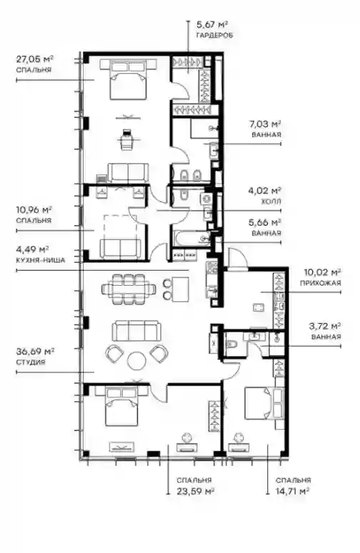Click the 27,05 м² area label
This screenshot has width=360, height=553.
(x=34, y=59)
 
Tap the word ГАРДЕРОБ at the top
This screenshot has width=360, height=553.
(x=215, y=35)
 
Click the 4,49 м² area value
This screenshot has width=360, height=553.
(x=32, y=249)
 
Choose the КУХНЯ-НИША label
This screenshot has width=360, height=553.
(x=41, y=261)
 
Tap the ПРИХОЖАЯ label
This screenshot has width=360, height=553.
(x=320, y=283)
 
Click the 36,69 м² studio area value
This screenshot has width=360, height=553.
(x=35, y=352)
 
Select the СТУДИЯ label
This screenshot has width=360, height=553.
(x=31, y=362)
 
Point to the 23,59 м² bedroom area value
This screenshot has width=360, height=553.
(x=196, y=491)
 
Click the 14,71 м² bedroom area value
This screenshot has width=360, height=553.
(x=293, y=491)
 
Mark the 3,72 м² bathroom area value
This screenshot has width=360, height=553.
(x=325, y=326)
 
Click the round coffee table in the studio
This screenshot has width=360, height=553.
(x=136, y=360)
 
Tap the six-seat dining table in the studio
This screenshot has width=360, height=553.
(x=129, y=289)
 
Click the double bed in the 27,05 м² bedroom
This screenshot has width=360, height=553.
(x=129, y=80)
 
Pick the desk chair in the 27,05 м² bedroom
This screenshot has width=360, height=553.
(x=127, y=139)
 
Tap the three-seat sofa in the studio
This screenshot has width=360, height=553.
(x=136, y=332)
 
